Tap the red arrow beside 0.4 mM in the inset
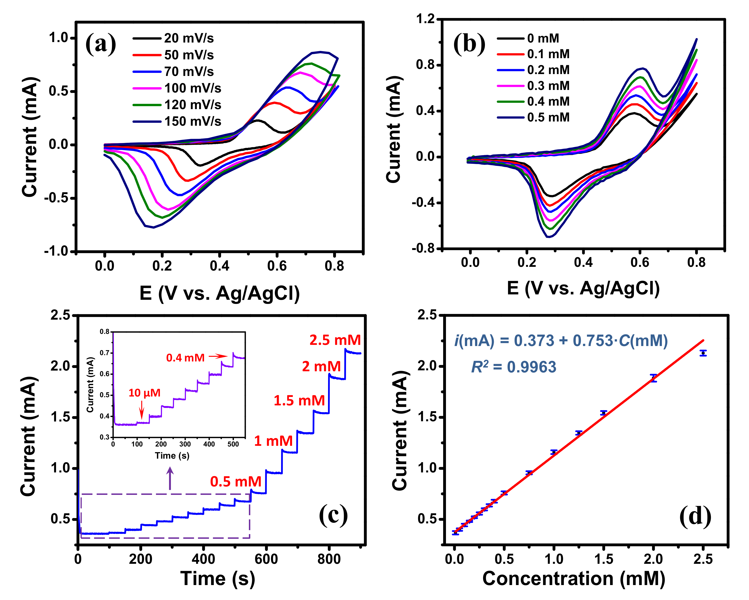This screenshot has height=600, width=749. (x=218, y=356)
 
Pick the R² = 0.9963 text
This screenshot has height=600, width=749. (x=513, y=367)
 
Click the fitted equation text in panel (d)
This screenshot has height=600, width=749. (x=561, y=341)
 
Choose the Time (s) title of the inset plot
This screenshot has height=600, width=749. (x=172, y=455)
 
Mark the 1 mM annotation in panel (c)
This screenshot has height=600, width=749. (x=273, y=441)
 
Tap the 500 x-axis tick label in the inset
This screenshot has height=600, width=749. (x=233, y=444)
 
